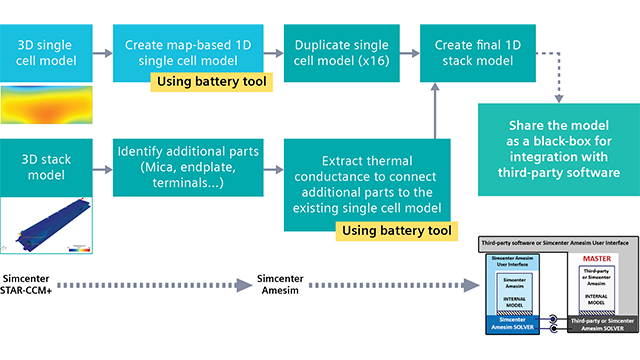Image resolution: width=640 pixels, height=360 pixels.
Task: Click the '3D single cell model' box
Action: [46, 46]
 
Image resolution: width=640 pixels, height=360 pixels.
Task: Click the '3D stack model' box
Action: [46, 159]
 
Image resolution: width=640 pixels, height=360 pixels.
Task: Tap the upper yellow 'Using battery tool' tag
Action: [210, 80]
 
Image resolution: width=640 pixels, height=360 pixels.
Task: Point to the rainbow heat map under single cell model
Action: [46, 103]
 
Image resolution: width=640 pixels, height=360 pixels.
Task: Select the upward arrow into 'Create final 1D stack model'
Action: [435, 110]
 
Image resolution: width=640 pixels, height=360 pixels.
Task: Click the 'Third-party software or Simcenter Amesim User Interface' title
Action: [554, 243]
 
